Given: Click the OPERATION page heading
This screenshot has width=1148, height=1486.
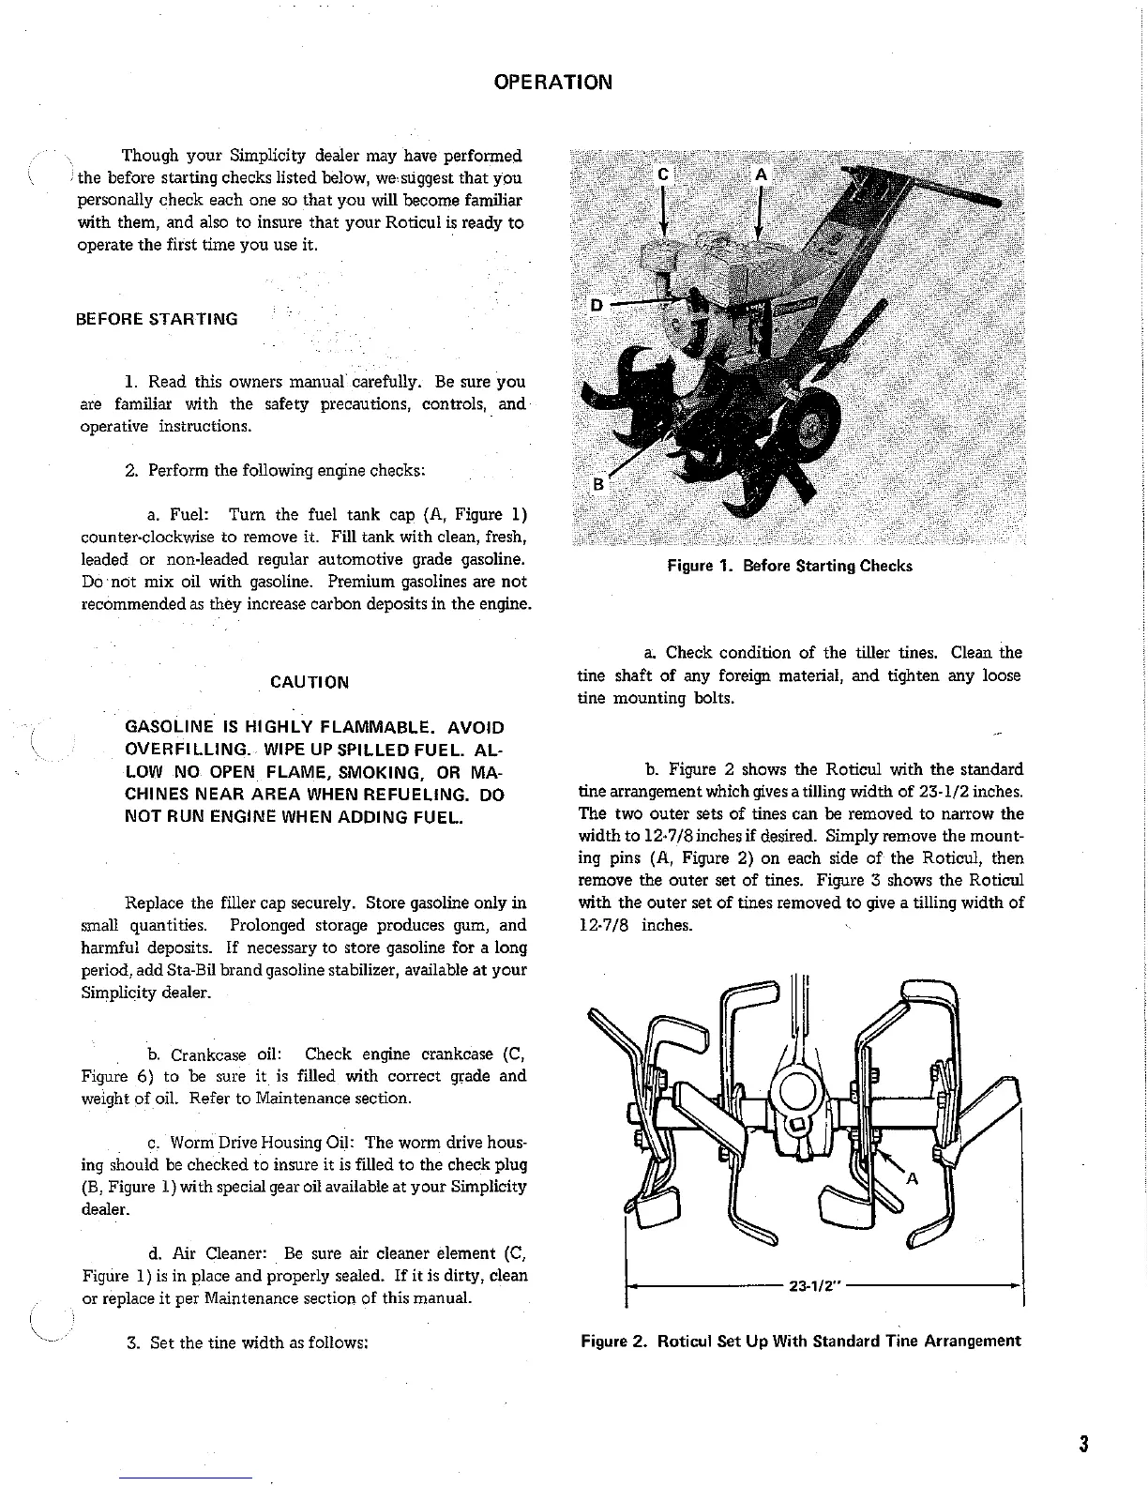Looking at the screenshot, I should click(553, 82).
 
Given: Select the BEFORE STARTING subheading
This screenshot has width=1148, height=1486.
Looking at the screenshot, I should click(157, 319).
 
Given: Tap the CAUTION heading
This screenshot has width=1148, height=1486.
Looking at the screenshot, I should click(309, 682).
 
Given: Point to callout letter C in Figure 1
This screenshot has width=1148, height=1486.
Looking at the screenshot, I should click(664, 174).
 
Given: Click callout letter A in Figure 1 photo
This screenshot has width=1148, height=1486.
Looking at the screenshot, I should click(761, 174).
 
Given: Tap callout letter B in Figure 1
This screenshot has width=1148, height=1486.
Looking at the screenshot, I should click(598, 485).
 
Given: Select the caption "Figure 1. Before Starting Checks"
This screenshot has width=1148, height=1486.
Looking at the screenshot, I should click(789, 566).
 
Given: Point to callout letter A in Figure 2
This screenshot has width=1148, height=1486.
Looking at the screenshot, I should click(910, 1178).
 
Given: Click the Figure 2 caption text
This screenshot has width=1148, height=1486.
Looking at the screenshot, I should click(800, 1340).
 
